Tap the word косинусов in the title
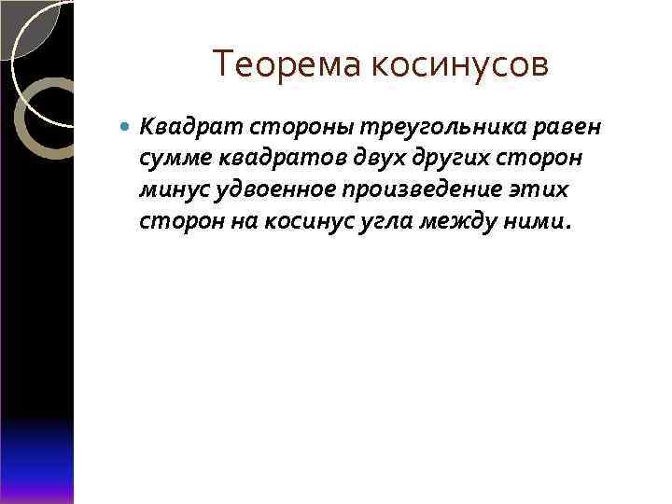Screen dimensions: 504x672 tap(461, 65)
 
